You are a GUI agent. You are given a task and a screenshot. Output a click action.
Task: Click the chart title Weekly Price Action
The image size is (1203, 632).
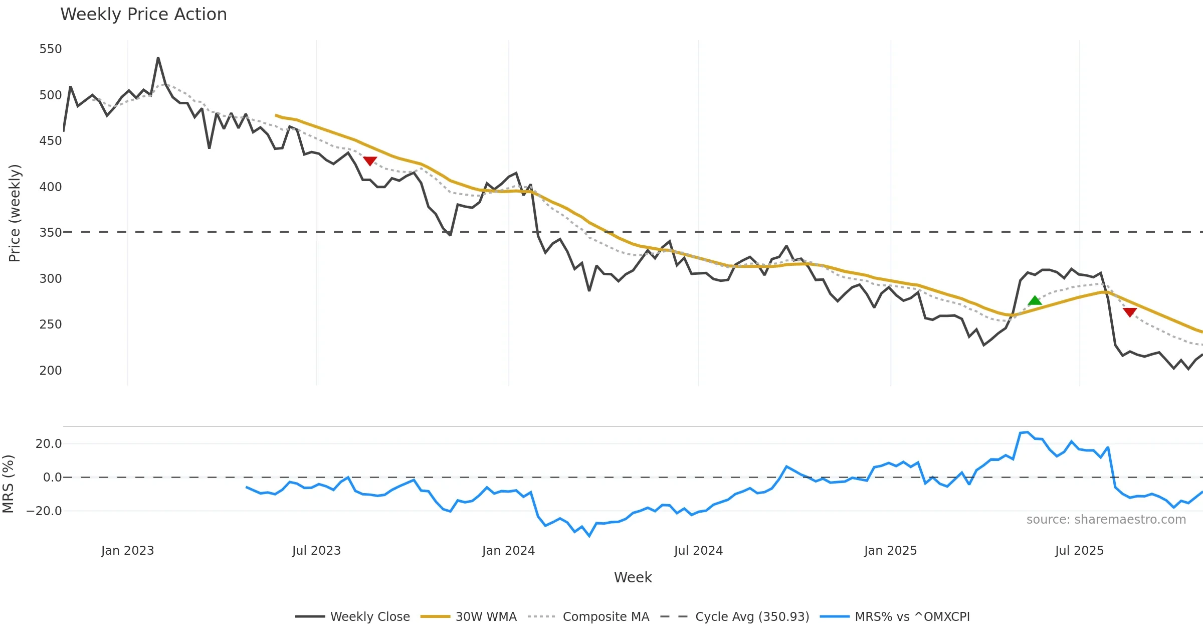pos(143,15)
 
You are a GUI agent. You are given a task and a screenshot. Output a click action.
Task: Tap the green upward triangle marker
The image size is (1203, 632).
pos(1035,301)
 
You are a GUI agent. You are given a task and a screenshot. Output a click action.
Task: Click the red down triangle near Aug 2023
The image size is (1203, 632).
pos(370,161)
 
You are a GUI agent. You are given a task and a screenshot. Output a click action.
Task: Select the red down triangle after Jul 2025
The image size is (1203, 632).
pos(1130,312)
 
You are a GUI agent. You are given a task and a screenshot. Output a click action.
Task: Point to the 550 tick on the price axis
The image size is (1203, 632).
pos(51,49)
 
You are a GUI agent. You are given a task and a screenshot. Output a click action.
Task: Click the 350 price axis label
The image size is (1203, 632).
pos(51,233)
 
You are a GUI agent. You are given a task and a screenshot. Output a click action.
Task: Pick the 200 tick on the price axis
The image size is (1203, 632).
pos(51,371)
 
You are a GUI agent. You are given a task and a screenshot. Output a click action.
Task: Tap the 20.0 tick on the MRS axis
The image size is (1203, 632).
pos(49,444)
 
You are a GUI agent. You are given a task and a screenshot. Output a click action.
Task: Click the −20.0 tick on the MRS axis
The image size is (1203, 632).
pos(44,511)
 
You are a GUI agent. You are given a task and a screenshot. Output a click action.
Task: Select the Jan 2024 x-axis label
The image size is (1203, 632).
pos(508,551)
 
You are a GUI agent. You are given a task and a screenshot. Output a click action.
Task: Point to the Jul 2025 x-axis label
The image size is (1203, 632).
pos(1079,551)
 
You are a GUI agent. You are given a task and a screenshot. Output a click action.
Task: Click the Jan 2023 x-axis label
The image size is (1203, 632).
pos(127,551)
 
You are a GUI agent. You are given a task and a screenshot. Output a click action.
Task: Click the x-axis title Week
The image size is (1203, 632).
pos(633,578)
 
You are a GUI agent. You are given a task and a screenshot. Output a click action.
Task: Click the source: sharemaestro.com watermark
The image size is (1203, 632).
pos(1106,520)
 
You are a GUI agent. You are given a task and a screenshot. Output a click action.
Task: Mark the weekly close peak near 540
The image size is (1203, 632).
pos(158,58)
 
